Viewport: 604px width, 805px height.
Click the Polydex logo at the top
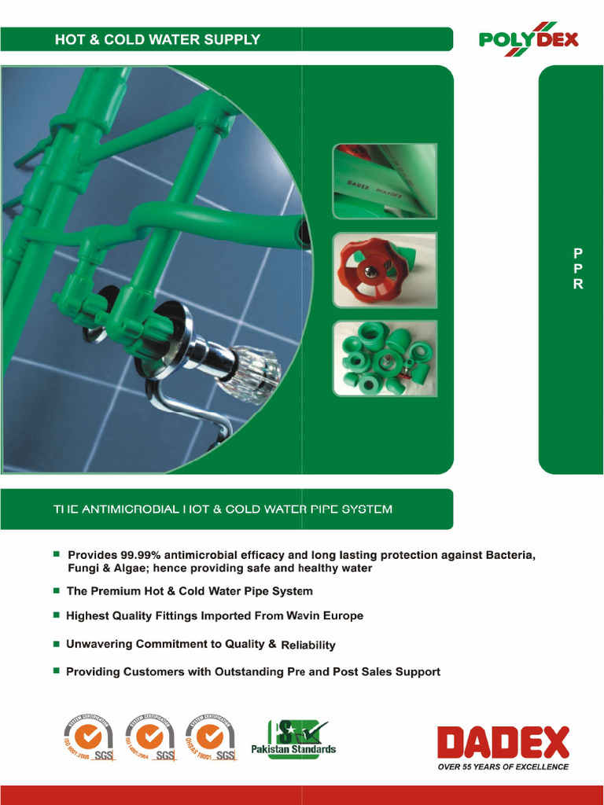click(528, 39)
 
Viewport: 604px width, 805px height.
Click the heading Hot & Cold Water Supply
click(157, 39)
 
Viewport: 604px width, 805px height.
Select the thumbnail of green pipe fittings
click(385, 358)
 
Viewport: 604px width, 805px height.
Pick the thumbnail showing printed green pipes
click(385, 181)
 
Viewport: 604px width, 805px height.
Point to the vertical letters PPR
click(578, 269)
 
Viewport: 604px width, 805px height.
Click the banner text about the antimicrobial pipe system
click(223, 509)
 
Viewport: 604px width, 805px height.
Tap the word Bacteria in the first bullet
click(508, 555)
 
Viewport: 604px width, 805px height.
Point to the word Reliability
click(308, 645)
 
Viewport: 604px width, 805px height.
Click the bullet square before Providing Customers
click(57, 671)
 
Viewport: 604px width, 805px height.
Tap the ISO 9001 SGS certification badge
click(88, 738)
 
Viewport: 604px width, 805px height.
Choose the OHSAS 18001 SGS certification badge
click(210, 738)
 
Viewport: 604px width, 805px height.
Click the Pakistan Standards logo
click(293, 737)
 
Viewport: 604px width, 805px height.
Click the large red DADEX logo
click(503, 743)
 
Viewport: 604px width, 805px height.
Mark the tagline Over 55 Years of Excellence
click(503, 766)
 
